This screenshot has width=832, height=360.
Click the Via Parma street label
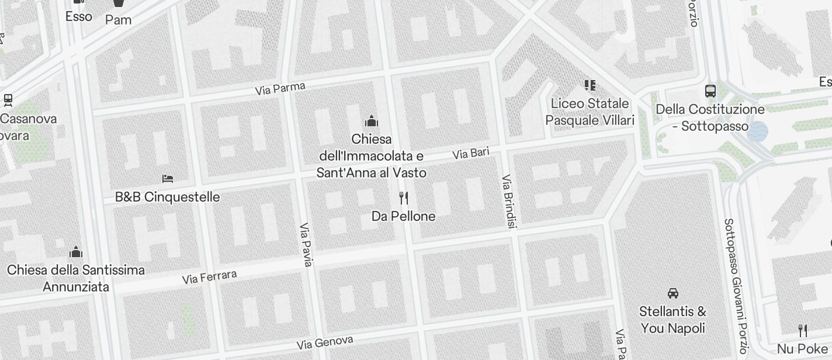pyautogui.click(x=280, y=89)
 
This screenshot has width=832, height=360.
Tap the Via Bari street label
pyautogui.click(x=471, y=154)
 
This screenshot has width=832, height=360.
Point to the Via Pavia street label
pyautogui.click(x=306, y=245)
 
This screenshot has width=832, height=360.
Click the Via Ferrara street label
pyautogui.click(x=210, y=277)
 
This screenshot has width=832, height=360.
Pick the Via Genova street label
pyautogui.click(x=325, y=342)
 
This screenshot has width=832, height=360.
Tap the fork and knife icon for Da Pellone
pyautogui.click(x=404, y=198)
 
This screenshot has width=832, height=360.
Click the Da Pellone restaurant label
pyautogui.click(x=404, y=216)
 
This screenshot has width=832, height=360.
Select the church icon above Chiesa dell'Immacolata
pyautogui.click(x=372, y=122)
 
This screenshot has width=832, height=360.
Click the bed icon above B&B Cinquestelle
pyautogui.click(x=168, y=178)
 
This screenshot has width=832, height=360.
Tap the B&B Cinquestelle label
pyautogui.click(x=168, y=197)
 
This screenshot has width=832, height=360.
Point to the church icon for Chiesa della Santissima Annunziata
pyautogui.click(x=76, y=252)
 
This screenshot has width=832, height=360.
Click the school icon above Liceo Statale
pyautogui.click(x=590, y=86)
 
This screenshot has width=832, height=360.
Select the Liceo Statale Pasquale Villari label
pyautogui.click(x=590, y=112)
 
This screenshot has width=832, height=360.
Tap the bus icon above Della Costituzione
pyautogui.click(x=710, y=91)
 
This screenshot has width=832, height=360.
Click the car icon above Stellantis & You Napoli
pyautogui.click(x=673, y=293)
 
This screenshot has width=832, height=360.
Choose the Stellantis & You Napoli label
pyautogui.click(x=673, y=320)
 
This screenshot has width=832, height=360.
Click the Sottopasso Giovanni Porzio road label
pyautogui.click(x=735, y=286)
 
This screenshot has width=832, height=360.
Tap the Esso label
pyautogui.click(x=79, y=16)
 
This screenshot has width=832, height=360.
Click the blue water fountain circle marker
pyautogui.click(x=758, y=131)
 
